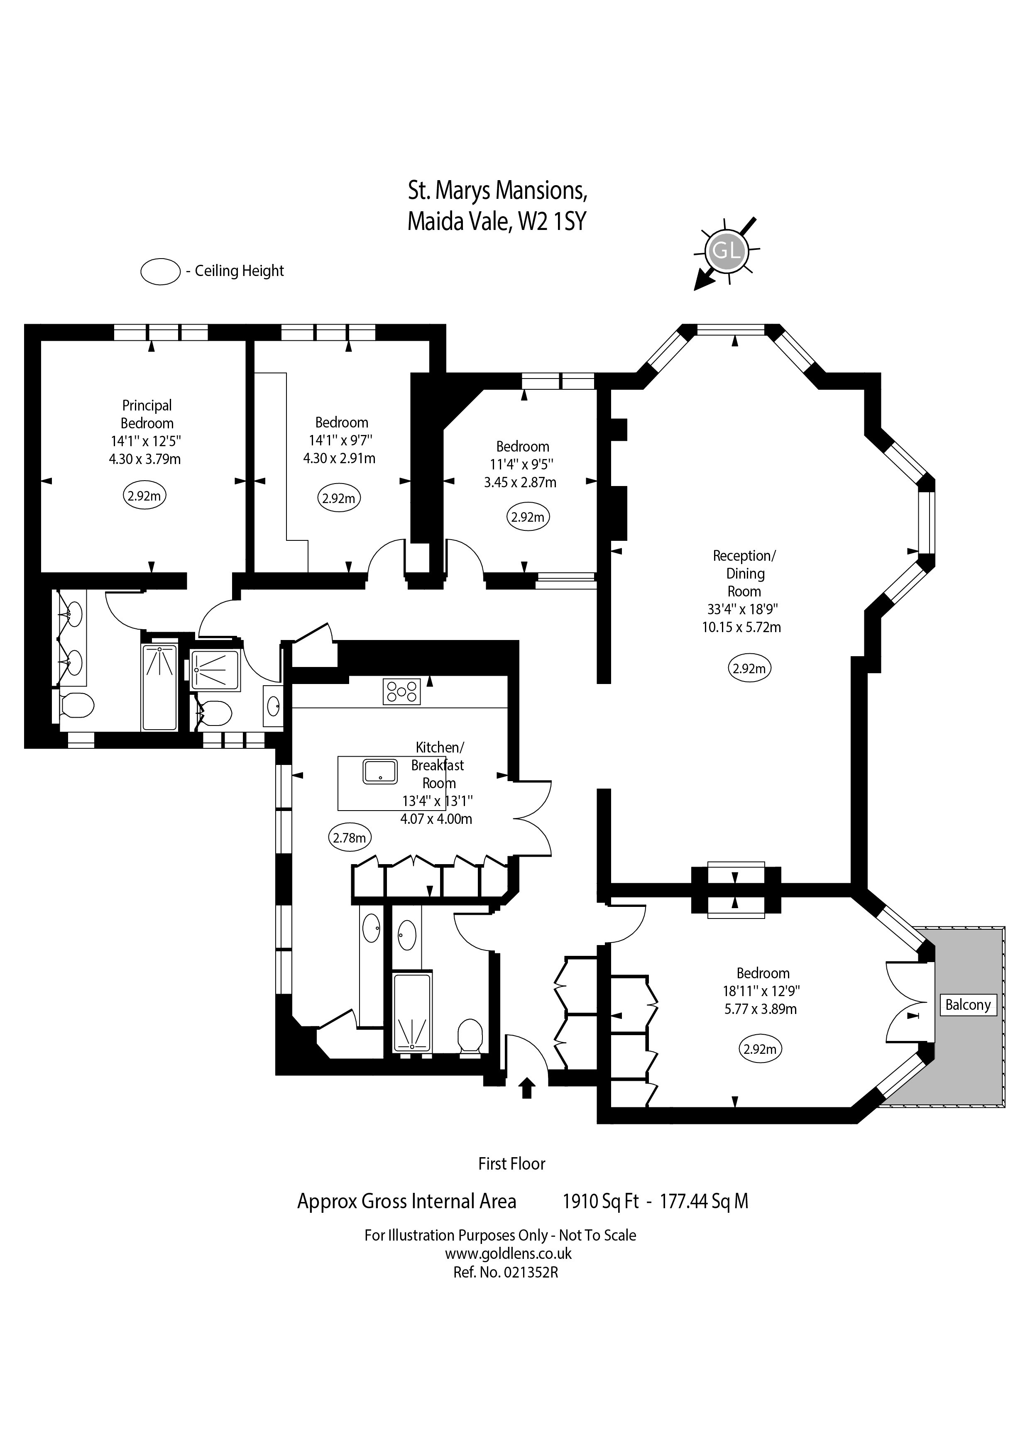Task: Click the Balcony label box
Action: tap(967, 1004)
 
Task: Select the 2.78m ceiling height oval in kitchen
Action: tap(350, 838)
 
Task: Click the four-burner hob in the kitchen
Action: tap(401, 691)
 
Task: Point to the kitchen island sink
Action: tap(380, 772)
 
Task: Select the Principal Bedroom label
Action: tap(147, 413)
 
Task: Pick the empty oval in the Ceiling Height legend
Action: tap(161, 272)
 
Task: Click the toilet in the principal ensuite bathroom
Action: tap(77, 704)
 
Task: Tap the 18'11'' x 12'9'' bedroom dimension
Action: tap(761, 991)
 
